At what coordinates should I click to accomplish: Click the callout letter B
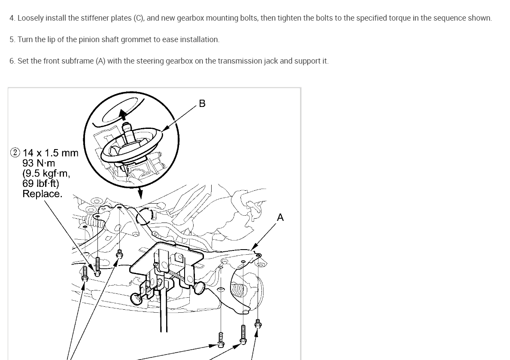(x=202, y=104)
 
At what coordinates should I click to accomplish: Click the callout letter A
(x=280, y=217)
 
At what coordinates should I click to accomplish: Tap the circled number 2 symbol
(x=15, y=153)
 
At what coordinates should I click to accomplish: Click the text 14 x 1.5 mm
(x=51, y=153)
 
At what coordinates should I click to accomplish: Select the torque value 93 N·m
(x=39, y=163)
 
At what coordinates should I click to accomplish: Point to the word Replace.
(x=42, y=194)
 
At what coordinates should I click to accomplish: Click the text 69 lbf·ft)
(x=41, y=183)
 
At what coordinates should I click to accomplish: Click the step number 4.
(x=12, y=18)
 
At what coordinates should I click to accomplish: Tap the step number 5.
(x=12, y=40)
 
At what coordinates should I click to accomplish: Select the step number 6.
(x=12, y=61)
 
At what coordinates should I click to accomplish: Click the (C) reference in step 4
(x=138, y=18)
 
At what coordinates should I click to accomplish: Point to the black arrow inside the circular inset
(x=123, y=115)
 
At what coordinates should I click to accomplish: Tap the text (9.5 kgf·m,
(x=46, y=174)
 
